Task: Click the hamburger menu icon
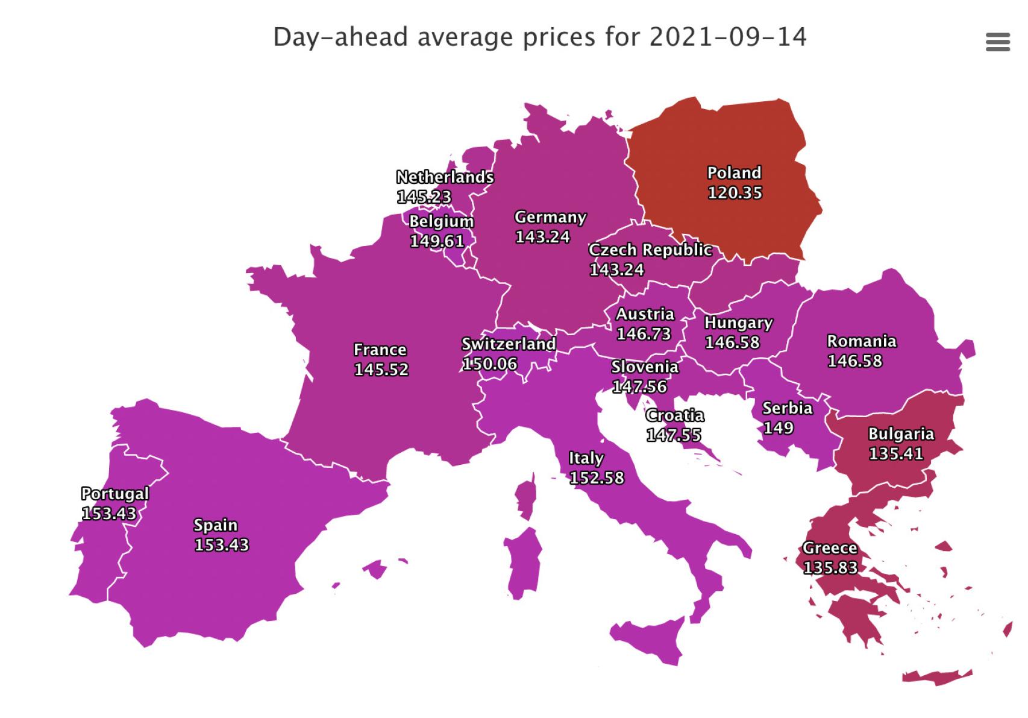(x=997, y=42)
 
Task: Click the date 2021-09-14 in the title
(x=727, y=37)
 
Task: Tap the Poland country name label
(x=734, y=173)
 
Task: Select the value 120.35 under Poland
(x=735, y=193)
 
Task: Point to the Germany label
(x=550, y=217)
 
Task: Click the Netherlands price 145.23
(x=424, y=197)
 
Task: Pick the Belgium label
(x=441, y=221)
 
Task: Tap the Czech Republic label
(x=650, y=250)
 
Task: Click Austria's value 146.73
(x=643, y=333)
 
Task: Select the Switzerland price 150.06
(x=489, y=364)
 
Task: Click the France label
(x=380, y=350)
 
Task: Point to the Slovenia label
(x=644, y=367)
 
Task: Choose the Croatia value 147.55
(x=673, y=435)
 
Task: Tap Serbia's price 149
(x=778, y=428)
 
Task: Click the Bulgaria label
(x=900, y=434)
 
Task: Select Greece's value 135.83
(x=830, y=568)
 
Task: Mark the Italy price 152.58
(x=597, y=478)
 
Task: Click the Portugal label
(x=114, y=494)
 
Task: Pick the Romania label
(x=861, y=341)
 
